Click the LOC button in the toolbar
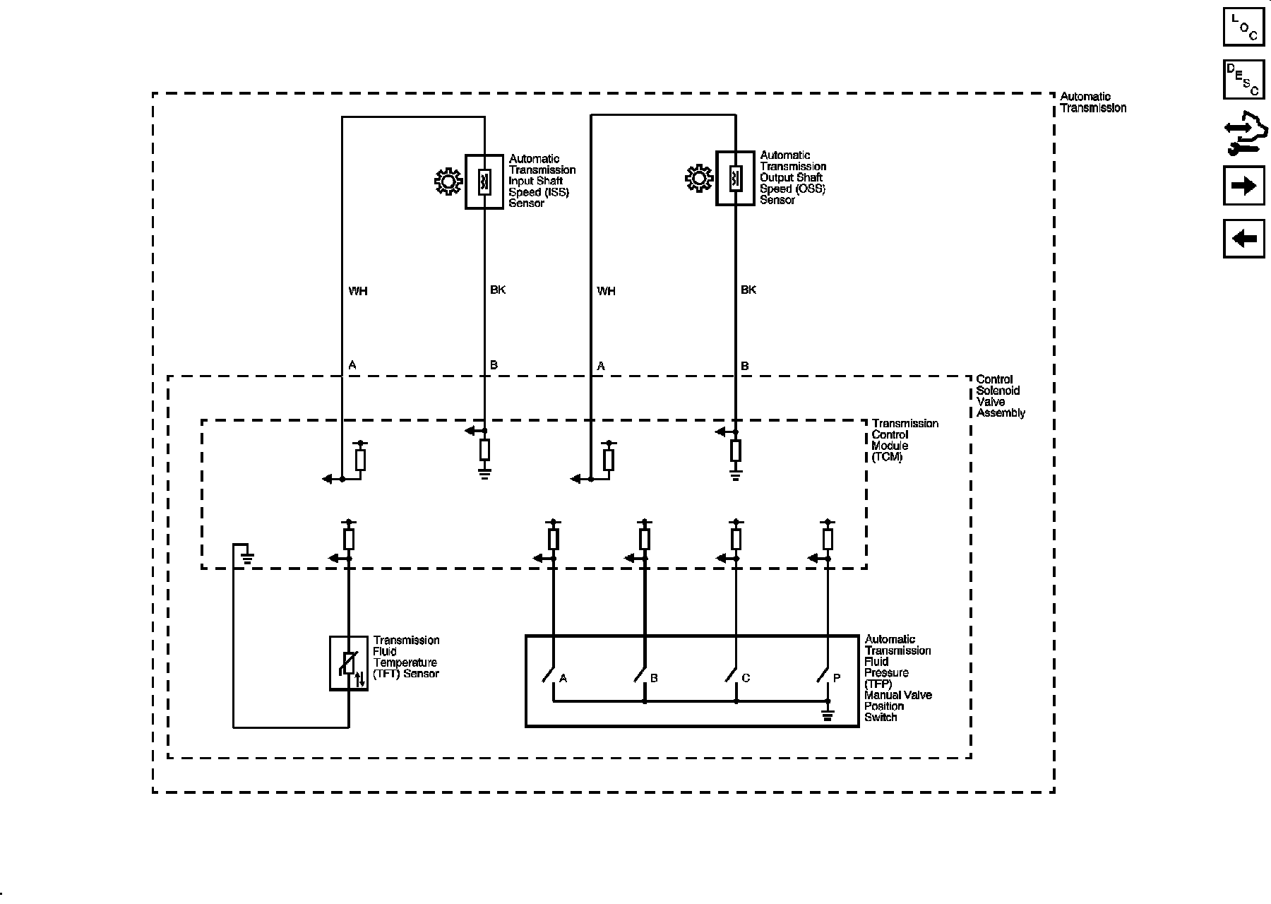[1243, 26]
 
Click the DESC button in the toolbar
[1243, 79]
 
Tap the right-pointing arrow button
[1243, 186]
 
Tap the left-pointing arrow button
[1243, 239]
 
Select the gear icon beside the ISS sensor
[448, 182]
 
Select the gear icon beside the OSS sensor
[699, 179]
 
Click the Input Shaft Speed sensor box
[484, 182]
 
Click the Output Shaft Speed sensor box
[735, 178]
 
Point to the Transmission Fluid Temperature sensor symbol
[349, 663]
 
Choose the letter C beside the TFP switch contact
[746, 678]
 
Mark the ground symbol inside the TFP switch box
[828, 715]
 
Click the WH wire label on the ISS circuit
[358, 291]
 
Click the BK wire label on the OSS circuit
[748, 290]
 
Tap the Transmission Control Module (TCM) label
[904, 439]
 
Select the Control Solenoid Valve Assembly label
[1000, 396]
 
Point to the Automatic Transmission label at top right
[1092, 102]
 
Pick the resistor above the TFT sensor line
[349, 539]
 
